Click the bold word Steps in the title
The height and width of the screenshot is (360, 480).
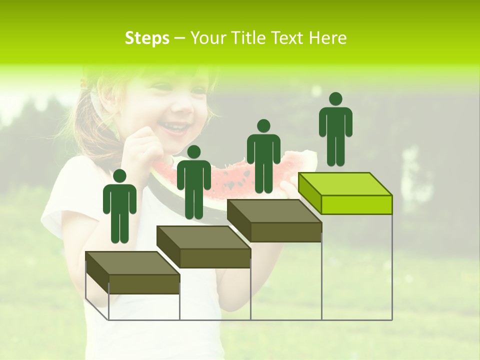pos(147,38)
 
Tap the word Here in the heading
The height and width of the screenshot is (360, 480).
pos(327,38)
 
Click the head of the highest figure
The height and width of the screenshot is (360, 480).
pos(335,99)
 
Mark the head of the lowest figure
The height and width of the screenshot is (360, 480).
pos(119,176)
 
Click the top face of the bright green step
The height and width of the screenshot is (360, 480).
pos(345,184)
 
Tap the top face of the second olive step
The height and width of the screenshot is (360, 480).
pos(203,237)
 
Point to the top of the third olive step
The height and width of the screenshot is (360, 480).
pos(274,211)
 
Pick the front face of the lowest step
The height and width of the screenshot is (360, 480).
pos(144,284)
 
